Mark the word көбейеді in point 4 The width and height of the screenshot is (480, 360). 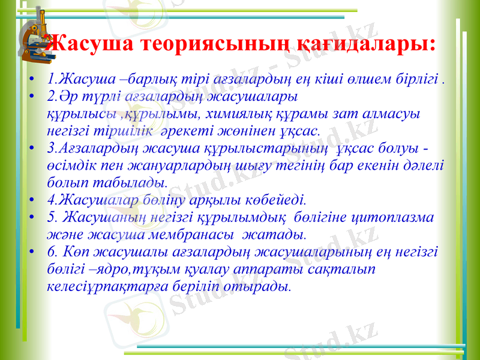click(x=277, y=197)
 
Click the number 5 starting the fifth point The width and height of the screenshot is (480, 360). click(x=50, y=216)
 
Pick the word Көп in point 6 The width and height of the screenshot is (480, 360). click(x=77, y=251)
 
